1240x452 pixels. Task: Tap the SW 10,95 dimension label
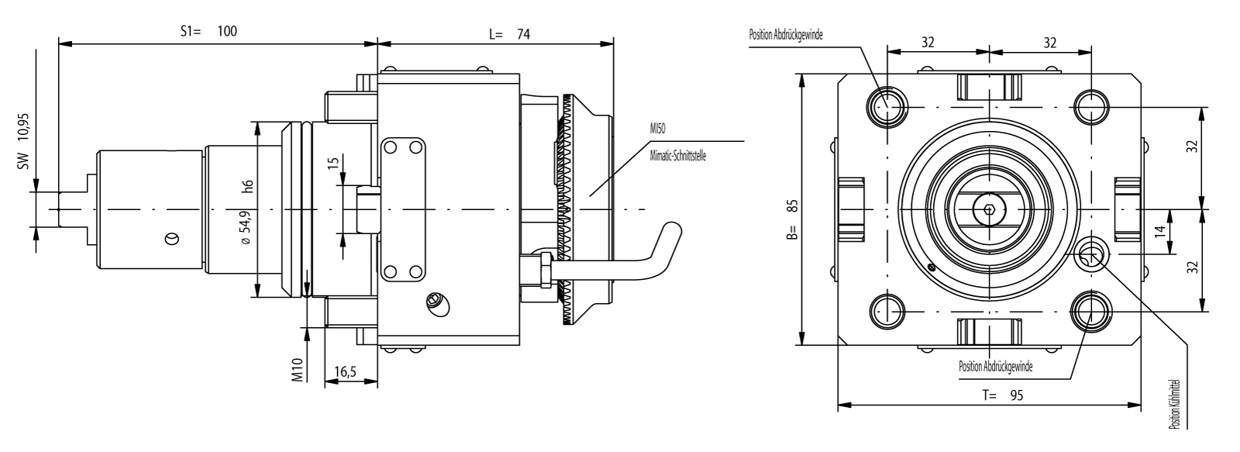click(23, 147)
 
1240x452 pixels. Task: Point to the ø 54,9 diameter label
click(247, 229)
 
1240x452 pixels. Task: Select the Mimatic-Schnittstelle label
click(677, 155)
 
